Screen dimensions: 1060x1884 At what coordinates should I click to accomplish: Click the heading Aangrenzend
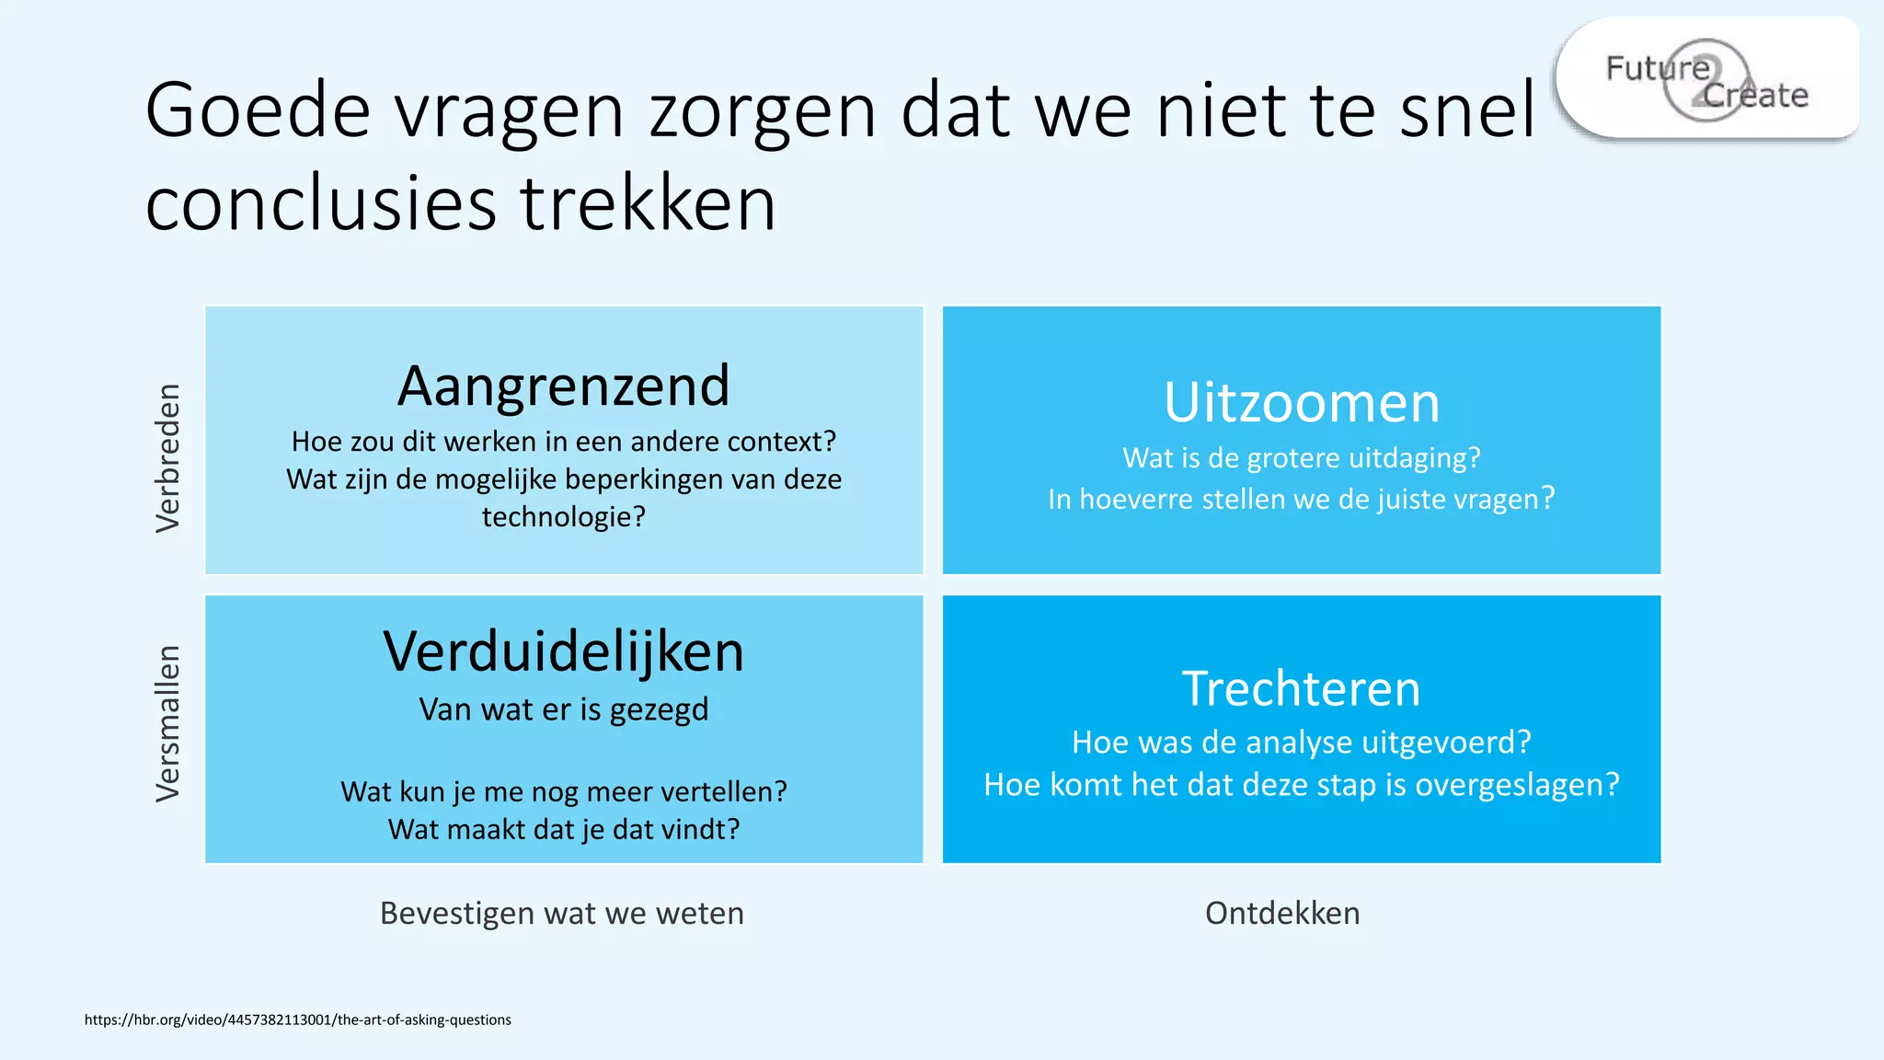click(563, 386)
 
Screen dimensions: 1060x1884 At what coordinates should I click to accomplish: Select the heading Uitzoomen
click(1301, 402)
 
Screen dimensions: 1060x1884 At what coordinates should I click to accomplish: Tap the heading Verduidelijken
click(563, 651)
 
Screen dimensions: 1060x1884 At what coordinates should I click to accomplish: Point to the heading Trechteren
click(1301, 688)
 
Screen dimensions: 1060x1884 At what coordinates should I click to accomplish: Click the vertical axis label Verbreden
click(167, 457)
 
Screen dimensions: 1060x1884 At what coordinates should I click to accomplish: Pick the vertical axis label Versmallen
click(167, 723)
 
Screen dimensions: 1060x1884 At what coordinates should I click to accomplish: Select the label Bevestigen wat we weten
click(562, 913)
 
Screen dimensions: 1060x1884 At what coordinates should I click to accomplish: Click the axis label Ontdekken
click(1282, 913)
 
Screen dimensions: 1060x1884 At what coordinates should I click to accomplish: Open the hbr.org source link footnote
click(297, 1020)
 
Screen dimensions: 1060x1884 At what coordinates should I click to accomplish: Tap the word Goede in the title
click(258, 110)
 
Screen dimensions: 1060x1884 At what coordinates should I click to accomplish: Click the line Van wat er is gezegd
click(563, 709)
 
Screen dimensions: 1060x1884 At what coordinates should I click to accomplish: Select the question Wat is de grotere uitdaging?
click(1301, 457)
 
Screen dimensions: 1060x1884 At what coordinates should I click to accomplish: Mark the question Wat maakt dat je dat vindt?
click(563, 829)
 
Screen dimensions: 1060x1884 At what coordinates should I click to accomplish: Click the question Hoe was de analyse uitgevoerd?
click(1301, 742)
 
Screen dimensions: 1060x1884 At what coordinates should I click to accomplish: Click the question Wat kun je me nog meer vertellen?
click(563, 791)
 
